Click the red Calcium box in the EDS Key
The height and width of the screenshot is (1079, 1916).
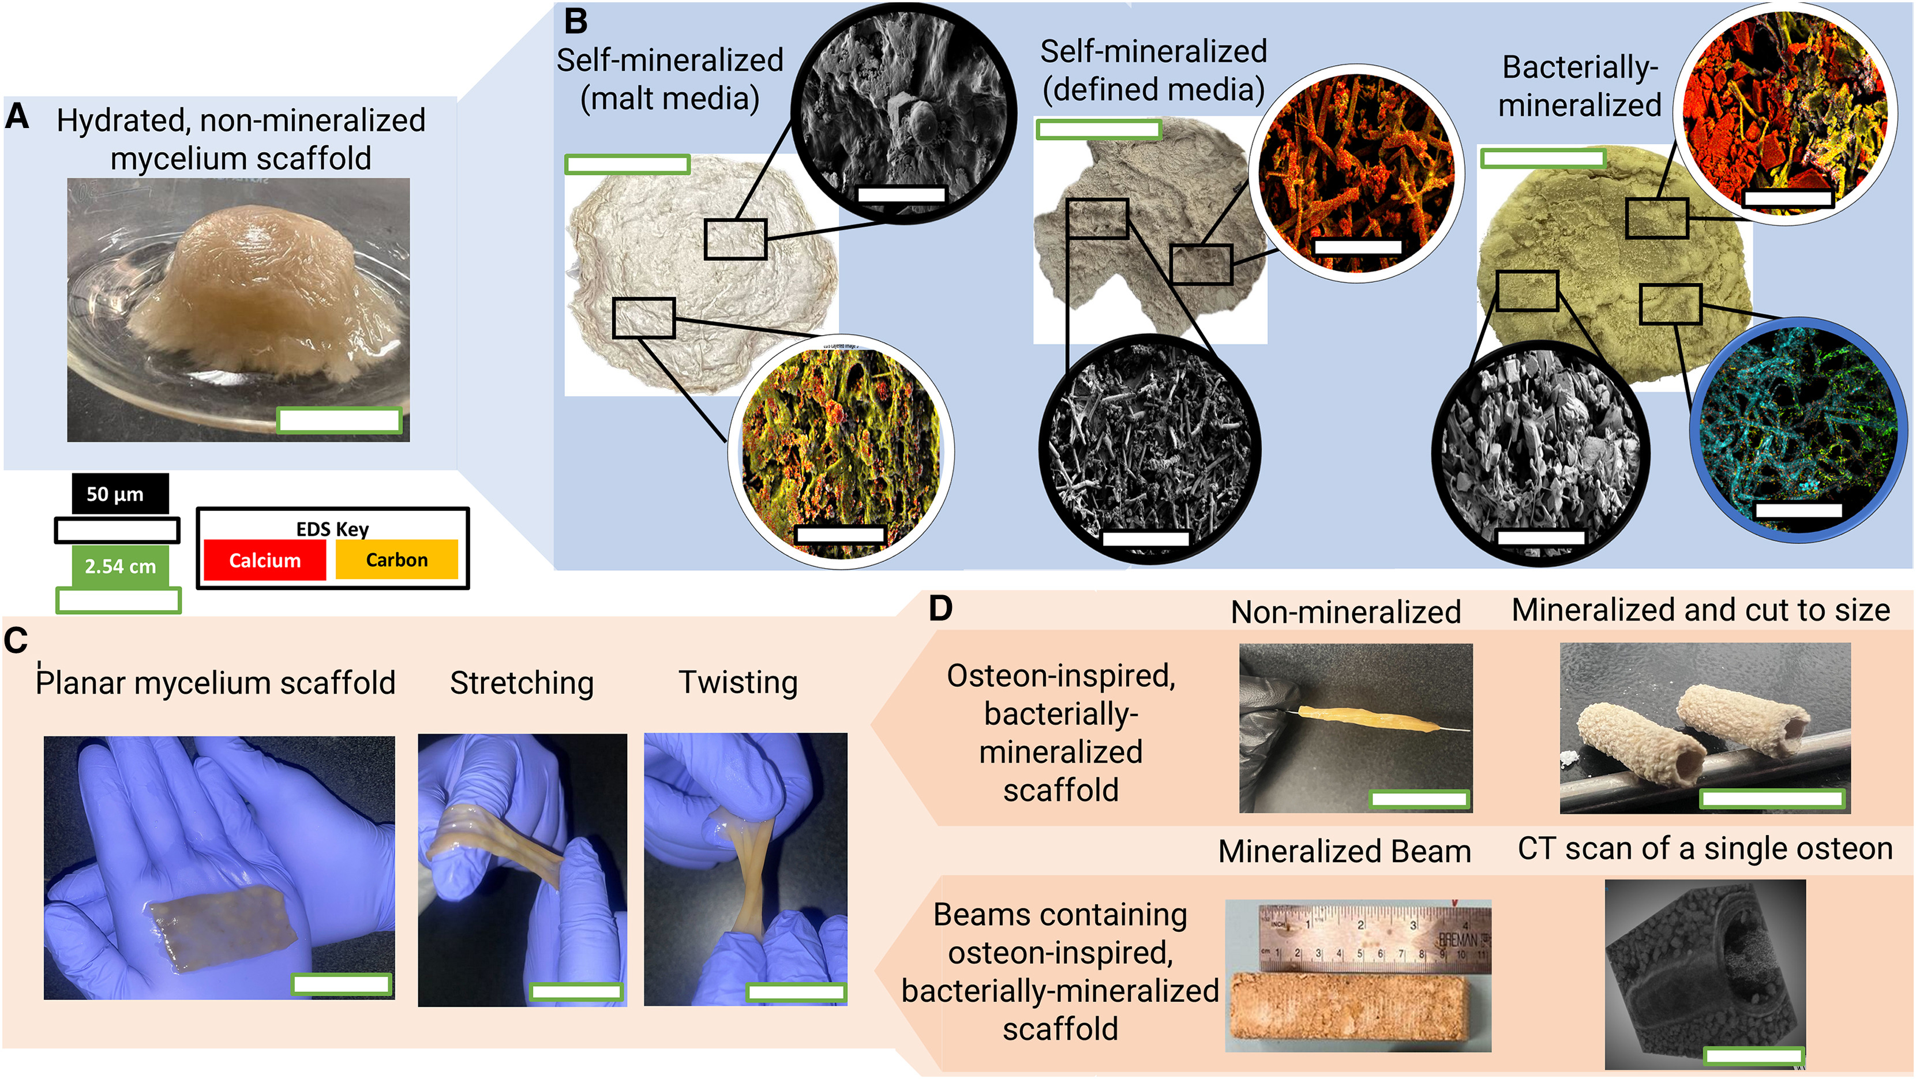pyautogui.click(x=265, y=560)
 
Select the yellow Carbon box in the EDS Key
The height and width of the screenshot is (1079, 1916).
pyautogui.click(x=396, y=560)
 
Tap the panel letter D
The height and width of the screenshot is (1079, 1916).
pyautogui.click(x=940, y=608)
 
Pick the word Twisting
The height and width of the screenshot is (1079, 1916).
pyautogui.click(x=738, y=682)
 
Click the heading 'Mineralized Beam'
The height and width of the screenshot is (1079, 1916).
pyautogui.click(x=1344, y=851)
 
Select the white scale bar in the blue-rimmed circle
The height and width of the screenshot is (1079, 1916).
pyautogui.click(x=1798, y=511)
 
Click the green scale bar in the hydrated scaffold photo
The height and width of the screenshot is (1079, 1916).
pyautogui.click(x=339, y=420)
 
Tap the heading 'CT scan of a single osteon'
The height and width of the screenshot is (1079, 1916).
pyautogui.click(x=1705, y=848)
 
